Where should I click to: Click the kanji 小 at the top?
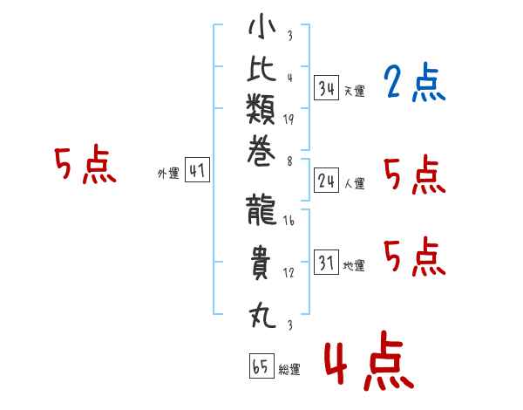[261, 29]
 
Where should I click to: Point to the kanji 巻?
[261, 156]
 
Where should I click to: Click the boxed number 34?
[326, 87]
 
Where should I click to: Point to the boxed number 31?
[326, 263]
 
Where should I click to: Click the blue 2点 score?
[414, 84]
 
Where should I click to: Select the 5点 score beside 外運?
[85, 166]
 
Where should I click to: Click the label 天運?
[354, 91]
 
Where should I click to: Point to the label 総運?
[289, 370]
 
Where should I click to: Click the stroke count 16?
[289, 222]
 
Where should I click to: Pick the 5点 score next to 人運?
[414, 176]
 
